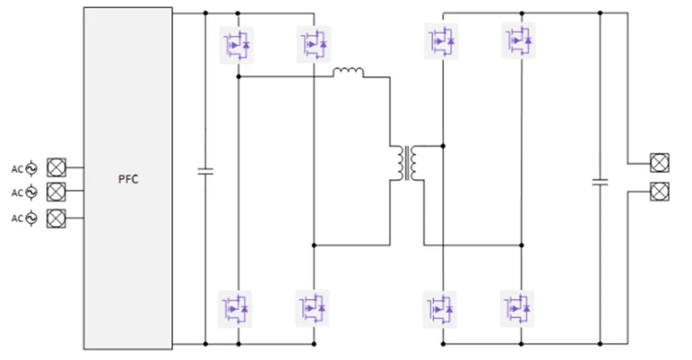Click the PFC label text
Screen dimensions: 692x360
128,179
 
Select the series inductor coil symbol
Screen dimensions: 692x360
348,72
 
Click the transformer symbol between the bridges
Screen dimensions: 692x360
407,163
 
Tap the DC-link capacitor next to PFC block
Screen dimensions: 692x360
205,171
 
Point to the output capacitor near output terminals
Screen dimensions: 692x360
600,181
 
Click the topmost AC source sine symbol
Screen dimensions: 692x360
31,168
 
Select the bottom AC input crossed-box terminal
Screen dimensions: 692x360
56,218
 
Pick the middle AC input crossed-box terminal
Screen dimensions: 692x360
56,192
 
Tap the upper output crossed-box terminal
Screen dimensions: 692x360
659,163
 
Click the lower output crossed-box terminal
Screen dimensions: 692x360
659,192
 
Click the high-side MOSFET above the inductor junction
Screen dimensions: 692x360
236,45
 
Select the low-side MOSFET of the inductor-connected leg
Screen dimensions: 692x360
235,309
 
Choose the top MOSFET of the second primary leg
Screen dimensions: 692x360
314,44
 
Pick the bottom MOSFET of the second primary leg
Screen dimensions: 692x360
312,308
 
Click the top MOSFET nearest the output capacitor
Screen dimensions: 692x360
519,40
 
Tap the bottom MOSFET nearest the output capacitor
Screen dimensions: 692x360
517,309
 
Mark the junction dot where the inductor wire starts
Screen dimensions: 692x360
239,77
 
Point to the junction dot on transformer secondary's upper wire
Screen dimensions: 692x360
443,145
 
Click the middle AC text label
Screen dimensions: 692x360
17,193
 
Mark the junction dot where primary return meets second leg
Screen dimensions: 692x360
314,245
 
